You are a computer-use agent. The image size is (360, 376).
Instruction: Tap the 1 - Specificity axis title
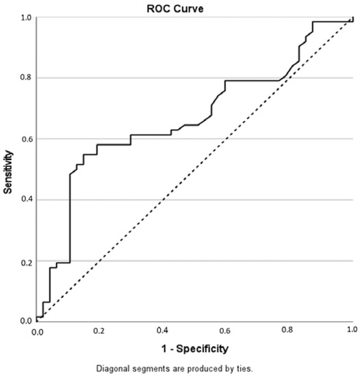(x=194, y=349)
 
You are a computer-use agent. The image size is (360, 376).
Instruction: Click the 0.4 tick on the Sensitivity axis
(x=25, y=200)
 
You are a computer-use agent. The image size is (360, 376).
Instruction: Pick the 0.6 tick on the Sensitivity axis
(x=25, y=139)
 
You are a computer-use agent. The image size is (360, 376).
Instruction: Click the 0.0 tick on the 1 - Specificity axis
(x=37, y=331)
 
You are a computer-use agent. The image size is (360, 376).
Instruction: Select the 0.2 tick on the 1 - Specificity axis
(x=100, y=331)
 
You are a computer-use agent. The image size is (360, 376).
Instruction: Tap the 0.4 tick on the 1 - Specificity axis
(x=163, y=331)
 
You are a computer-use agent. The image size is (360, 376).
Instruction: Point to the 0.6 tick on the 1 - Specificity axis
(x=226, y=331)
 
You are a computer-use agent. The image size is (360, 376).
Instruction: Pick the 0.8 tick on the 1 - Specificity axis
(x=288, y=331)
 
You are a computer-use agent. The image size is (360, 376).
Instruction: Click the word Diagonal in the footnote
(x=113, y=368)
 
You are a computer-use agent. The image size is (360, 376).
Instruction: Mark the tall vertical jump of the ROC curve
(x=70, y=219)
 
